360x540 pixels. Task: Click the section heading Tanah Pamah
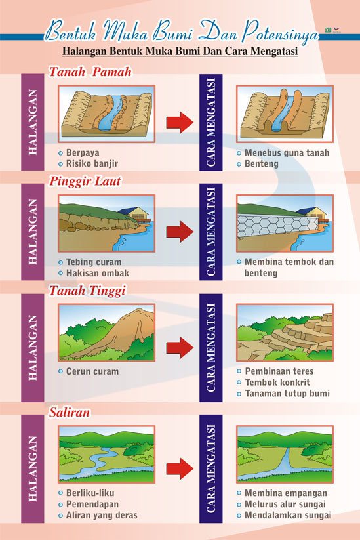click(x=90, y=72)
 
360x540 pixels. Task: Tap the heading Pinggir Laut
click(x=85, y=181)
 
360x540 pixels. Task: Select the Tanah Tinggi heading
click(x=87, y=291)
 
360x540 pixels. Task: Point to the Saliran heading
click(x=69, y=412)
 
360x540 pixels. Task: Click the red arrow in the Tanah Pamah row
click(x=180, y=122)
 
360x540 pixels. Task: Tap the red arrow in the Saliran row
click(x=180, y=468)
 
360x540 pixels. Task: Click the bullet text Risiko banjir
click(x=92, y=163)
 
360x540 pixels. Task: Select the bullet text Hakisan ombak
click(x=98, y=273)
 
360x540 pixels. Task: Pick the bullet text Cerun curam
click(x=92, y=371)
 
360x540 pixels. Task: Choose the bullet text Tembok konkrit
click(x=277, y=383)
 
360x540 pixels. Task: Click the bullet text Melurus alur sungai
click(x=285, y=504)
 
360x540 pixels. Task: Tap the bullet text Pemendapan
click(x=92, y=504)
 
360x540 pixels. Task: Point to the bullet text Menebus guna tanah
click(x=287, y=153)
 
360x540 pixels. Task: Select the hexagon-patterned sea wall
click(x=278, y=225)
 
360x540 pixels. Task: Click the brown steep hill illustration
click(x=121, y=331)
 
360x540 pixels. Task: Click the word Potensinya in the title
click(x=279, y=33)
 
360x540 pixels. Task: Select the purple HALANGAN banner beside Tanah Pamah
click(x=33, y=122)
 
